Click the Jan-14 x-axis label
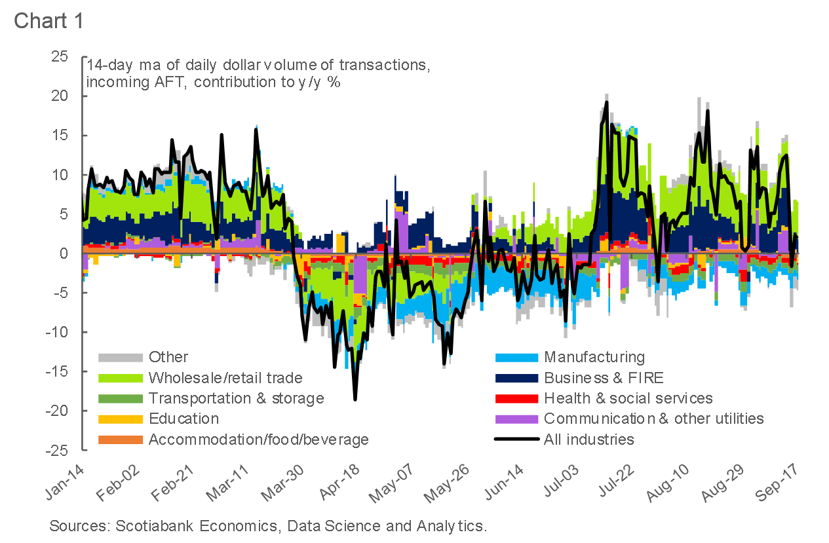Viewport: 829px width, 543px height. pos(67,483)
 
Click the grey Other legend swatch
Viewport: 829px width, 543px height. pos(120,358)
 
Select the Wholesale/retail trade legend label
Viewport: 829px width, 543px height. pos(225,378)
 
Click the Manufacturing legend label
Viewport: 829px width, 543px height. pos(594,358)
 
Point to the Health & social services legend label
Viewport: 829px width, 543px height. pos(628,398)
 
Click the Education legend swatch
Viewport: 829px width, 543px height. pos(120,419)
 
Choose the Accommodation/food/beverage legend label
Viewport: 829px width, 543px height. pos(258,439)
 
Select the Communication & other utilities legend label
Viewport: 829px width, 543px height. pos(653,419)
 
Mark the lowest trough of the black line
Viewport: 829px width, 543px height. pos(355,399)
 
